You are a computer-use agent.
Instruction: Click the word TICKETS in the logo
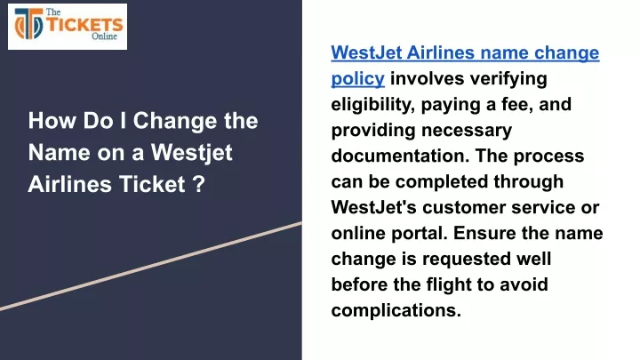point(84,25)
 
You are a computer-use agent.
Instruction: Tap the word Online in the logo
point(104,36)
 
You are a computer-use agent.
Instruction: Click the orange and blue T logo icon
point(28,24)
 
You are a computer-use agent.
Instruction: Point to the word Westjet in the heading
point(191,153)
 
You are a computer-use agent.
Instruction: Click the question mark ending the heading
point(198,184)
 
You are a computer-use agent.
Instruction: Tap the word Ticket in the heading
point(152,184)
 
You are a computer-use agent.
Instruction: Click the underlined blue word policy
point(357,79)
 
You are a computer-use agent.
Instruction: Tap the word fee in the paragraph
point(516,105)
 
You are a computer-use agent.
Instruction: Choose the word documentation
point(400,156)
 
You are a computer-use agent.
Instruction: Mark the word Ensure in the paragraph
point(477,234)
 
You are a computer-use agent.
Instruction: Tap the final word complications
point(396,310)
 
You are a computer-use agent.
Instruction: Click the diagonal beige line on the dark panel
point(151,266)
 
